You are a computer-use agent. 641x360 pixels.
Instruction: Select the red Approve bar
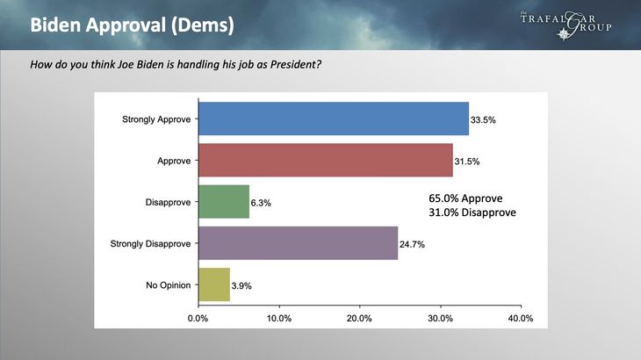[326, 160]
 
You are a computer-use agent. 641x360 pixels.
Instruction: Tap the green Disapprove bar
[224, 201]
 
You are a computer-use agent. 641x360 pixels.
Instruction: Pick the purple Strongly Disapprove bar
[299, 243]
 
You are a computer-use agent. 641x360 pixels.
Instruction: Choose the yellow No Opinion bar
[214, 284]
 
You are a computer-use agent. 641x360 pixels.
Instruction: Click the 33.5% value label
[484, 119]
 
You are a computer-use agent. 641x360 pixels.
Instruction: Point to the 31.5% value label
[468, 161]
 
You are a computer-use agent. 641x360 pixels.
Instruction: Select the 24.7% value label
[413, 244]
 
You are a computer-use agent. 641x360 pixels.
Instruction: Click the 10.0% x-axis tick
[278, 318]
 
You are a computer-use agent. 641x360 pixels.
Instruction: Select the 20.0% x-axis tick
[359, 318]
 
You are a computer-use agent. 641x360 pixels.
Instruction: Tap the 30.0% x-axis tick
[440, 318]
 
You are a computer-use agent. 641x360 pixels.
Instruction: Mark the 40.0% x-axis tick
[521, 318]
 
